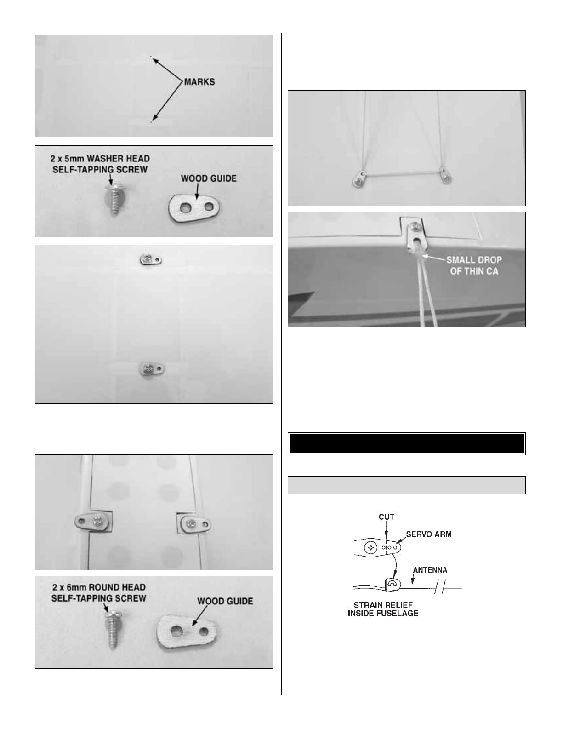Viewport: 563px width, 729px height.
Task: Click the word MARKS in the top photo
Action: coord(199,82)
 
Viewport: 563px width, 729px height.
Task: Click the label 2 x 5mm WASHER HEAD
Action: coord(100,158)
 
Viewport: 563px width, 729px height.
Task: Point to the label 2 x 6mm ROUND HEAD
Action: coord(99,587)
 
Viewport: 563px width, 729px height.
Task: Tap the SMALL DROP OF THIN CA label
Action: coord(474,265)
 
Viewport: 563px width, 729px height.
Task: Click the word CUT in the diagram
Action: coord(387,517)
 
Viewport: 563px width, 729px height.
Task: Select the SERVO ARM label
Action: coord(429,534)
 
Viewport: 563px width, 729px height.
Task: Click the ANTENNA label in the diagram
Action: coord(430,570)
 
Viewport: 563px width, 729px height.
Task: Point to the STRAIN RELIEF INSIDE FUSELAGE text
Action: coord(383,609)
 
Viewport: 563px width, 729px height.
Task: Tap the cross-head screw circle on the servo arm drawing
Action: coord(371,548)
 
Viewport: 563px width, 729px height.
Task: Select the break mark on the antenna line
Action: coord(440,587)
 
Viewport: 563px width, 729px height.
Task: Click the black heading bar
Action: coord(406,444)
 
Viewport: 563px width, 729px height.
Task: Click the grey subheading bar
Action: coord(406,485)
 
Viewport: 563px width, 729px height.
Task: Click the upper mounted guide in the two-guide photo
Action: coord(151,259)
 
